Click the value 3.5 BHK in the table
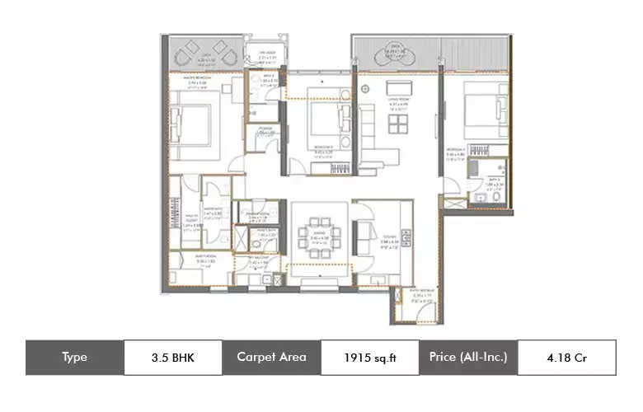(173, 358)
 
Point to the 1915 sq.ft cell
(369, 358)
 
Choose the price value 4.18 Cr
(566, 358)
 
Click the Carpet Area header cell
(271, 358)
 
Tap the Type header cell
(74, 358)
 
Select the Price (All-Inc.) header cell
(467, 358)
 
